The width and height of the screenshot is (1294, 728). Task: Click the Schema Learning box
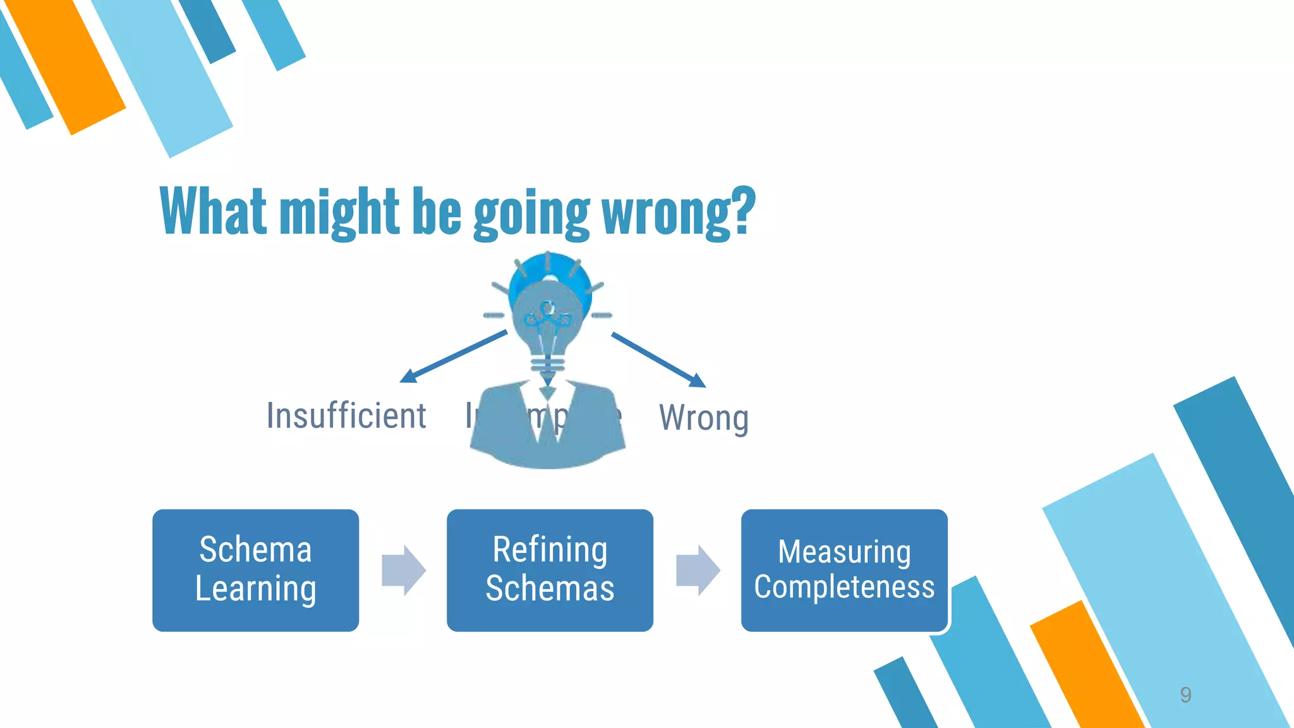(255, 570)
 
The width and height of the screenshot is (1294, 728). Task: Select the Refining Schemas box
(550, 570)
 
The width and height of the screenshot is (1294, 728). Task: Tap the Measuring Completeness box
(844, 570)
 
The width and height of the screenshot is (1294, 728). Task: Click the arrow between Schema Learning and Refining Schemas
(404, 570)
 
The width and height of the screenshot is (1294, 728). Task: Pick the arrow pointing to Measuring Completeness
(698, 570)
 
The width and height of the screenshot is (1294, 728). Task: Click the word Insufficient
(346, 416)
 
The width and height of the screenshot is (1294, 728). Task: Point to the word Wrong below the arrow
(704, 418)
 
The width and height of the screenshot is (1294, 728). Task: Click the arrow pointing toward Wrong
(658, 360)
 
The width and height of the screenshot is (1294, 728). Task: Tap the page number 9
(1185, 695)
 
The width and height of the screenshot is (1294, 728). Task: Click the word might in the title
(339, 212)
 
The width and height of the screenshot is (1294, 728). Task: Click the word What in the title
(214, 211)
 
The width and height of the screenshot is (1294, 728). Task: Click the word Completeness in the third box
(844, 587)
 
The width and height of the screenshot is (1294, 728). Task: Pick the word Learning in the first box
(255, 589)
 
